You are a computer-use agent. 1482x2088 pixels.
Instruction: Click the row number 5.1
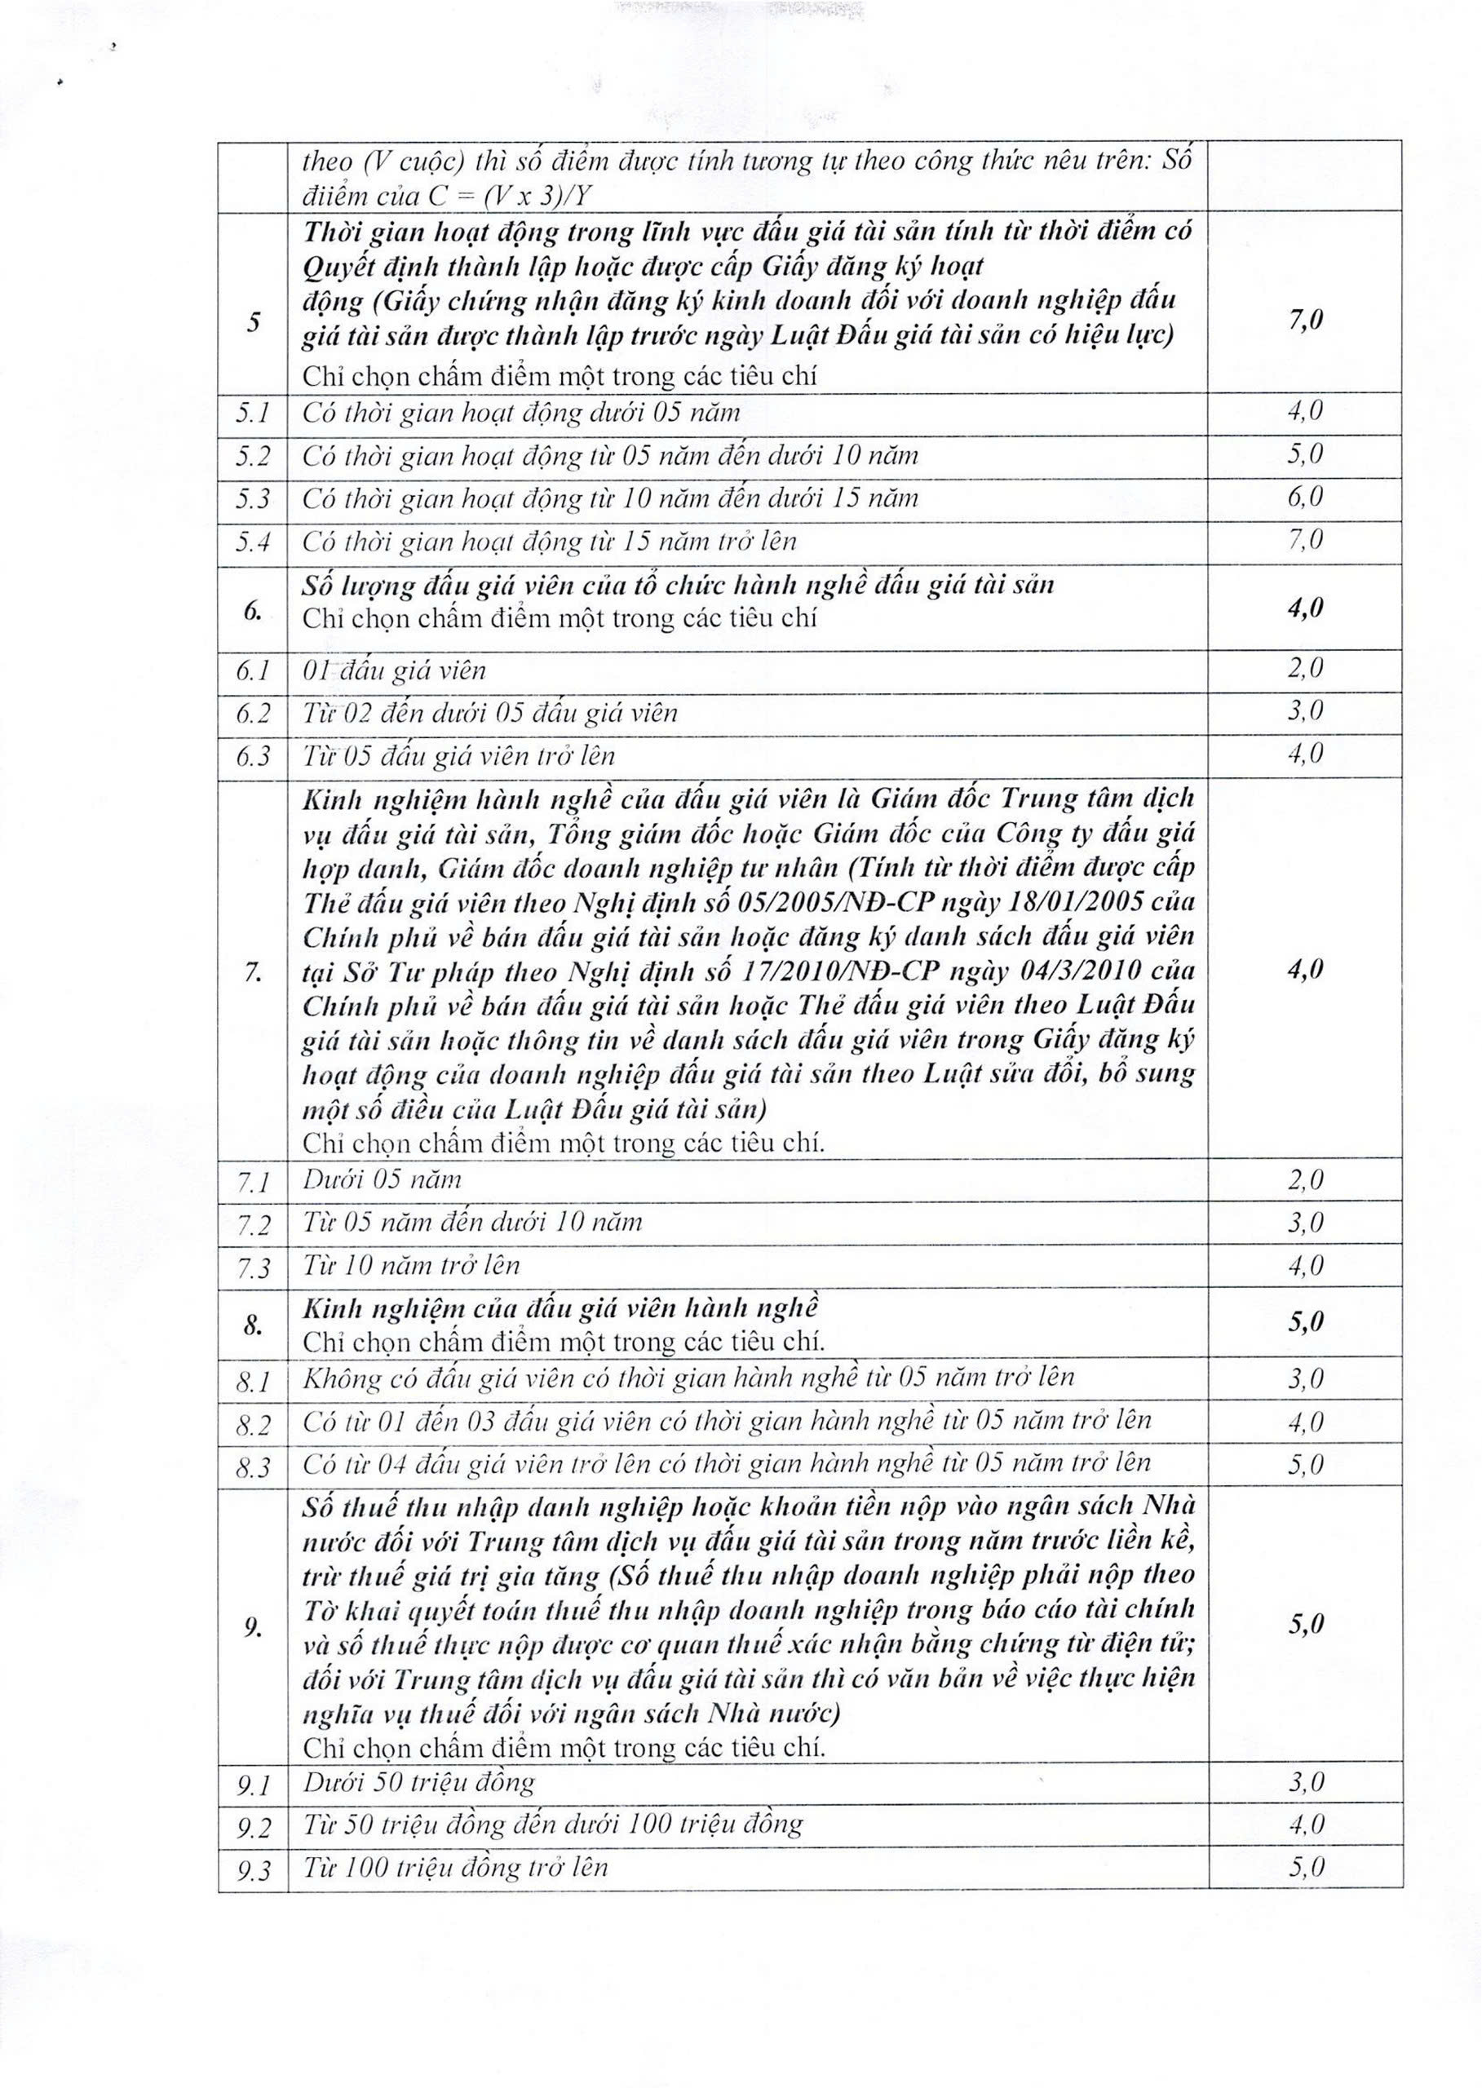(x=252, y=414)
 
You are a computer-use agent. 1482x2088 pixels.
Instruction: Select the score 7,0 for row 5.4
(x=1305, y=540)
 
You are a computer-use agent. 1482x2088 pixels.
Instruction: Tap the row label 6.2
(x=253, y=714)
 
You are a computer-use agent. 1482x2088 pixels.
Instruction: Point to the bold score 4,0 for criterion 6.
(x=1305, y=608)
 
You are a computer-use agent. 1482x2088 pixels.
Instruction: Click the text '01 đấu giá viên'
(x=394, y=671)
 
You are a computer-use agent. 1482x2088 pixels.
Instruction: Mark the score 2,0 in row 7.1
(x=1305, y=1181)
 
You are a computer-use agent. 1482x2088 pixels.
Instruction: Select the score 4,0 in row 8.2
(x=1305, y=1422)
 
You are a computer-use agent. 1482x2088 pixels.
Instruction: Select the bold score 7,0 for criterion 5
(x=1305, y=320)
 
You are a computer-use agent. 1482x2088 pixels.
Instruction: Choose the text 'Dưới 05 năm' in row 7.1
(x=383, y=1180)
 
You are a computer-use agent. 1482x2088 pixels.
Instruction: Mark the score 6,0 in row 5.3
(x=1305, y=498)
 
